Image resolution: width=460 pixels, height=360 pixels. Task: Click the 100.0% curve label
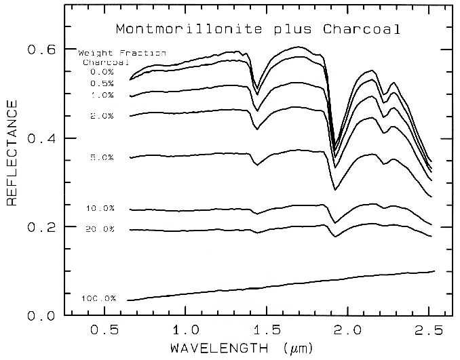(98, 298)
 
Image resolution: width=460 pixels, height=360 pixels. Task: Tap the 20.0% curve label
(100, 229)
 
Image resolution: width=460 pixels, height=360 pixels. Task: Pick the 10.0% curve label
(100, 208)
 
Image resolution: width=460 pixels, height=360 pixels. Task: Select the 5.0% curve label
(102, 157)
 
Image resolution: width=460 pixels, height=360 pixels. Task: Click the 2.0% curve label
(102, 117)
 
